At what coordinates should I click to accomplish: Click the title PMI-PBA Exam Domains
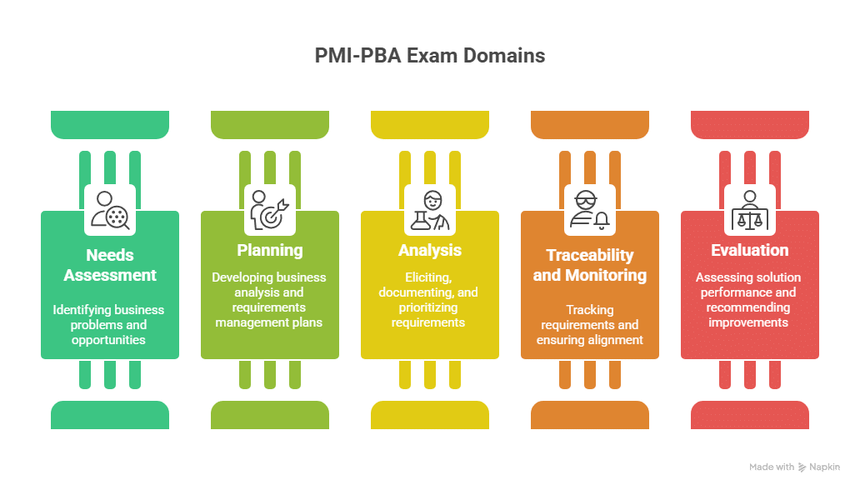click(x=430, y=57)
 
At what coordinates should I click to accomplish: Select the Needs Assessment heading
click(x=109, y=265)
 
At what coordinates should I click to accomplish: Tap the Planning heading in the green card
click(x=269, y=250)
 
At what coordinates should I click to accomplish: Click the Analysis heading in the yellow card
click(x=429, y=250)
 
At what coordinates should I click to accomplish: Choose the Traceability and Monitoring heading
click(x=589, y=265)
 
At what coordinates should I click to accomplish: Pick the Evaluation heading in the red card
click(x=749, y=250)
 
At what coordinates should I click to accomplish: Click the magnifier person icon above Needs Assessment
click(x=110, y=209)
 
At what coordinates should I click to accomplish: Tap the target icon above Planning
click(x=270, y=209)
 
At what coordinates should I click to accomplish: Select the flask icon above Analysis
click(x=430, y=209)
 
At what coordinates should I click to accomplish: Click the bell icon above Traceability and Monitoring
click(x=590, y=209)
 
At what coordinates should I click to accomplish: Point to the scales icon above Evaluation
click(x=750, y=209)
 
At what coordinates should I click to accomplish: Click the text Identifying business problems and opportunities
click(x=109, y=325)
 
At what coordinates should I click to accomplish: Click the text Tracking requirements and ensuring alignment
click(x=589, y=325)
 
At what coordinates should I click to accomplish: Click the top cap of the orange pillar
click(x=590, y=123)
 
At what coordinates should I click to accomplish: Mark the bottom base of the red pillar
click(x=750, y=414)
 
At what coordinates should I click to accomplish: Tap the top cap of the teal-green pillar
click(x=110, y=123)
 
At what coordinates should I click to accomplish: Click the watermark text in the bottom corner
click(x=794, y=468)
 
